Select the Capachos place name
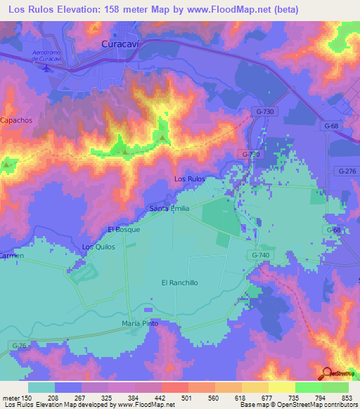16,120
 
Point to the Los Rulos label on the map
190,179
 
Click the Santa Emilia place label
169,209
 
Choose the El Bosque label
124,230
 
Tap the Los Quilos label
98,247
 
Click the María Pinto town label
140,323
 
